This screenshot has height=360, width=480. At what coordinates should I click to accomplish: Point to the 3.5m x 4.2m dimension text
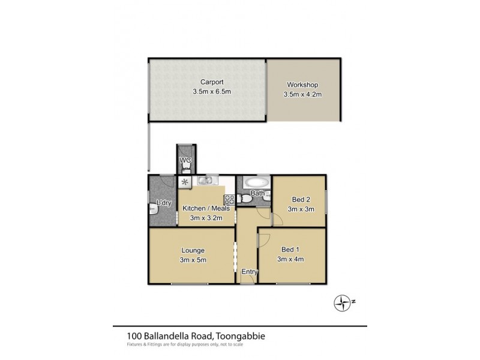pos(303,94)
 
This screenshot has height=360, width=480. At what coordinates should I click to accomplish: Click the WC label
pos(185,160)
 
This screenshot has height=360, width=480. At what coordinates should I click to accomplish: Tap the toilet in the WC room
pos(185,167)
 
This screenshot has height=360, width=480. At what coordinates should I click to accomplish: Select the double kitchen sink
pos(206,180)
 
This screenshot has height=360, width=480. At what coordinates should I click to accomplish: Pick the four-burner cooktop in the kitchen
pos(228,199)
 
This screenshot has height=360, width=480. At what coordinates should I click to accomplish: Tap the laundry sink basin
pos(153,209)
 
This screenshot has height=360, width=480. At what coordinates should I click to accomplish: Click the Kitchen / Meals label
pos(206,208)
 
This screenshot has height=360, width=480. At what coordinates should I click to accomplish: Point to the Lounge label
pos(193,250)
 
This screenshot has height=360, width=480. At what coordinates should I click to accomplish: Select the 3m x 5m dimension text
pos(193,259)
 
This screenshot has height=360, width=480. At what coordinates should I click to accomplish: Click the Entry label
pos(249,272)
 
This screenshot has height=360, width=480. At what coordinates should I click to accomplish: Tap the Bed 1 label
pos(291,250)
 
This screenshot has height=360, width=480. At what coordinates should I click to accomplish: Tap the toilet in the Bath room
pos(247,197)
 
